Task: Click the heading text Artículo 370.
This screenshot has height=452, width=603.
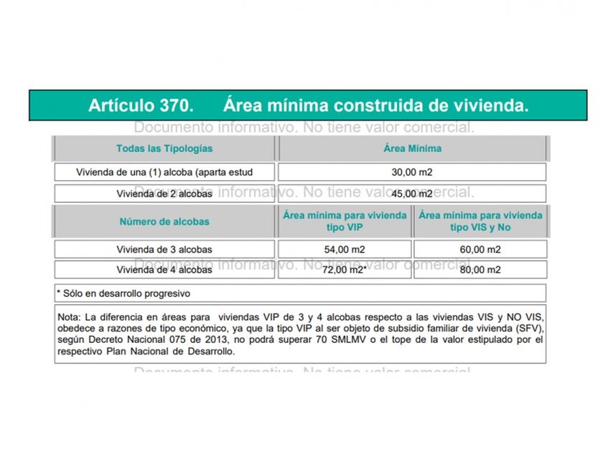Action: (141, 105)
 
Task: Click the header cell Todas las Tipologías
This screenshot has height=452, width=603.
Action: (164, 149)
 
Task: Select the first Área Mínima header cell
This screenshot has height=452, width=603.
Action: (412, 149)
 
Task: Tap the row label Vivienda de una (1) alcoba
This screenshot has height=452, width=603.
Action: (164, 172)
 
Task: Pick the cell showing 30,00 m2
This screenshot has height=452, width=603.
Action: (412, 172)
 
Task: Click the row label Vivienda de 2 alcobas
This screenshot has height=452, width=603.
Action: (164, 194)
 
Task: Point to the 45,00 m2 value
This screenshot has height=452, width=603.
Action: (412, 194)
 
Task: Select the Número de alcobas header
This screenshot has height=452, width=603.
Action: (164, 222)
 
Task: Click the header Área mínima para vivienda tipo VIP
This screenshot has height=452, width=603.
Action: (345, 221)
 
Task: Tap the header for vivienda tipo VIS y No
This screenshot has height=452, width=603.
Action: (480, 221)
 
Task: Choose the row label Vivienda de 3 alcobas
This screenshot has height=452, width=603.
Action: (164, 250)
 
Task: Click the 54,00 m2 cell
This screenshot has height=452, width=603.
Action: (345, 250)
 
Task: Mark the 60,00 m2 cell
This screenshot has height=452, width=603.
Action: (480, 250)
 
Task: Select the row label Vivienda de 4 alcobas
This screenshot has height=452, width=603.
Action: (164, 270)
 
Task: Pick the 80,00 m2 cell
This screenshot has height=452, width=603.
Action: (480, 270)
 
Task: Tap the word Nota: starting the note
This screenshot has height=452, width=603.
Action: (69, 316)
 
